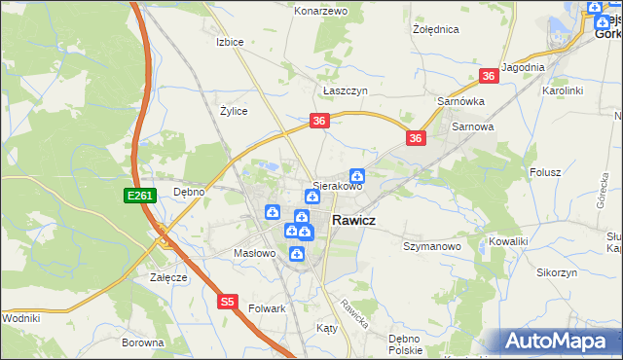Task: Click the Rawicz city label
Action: click(x=355, y=221)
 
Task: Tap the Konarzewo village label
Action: click(x=321, y=11)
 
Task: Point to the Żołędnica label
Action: click(x=435, y=29)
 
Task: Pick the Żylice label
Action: click(x=234, y=111)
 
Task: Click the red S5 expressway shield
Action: click(x=227, y=303)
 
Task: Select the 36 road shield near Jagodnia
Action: click(x=489, y=76)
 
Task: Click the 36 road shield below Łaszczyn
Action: click(x=320, y=121)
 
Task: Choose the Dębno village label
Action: click(x=189, y=192)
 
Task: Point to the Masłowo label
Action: click(x=256, y=254)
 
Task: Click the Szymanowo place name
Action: click(x=431, y=247)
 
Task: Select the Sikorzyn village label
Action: click(x=556, y=272)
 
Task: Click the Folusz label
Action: click(x=546, y=172)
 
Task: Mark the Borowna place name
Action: click(x=142, y=342)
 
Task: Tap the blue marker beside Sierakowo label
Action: click(x=357, y=175)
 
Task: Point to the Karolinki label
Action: click(x=562, y=90)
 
